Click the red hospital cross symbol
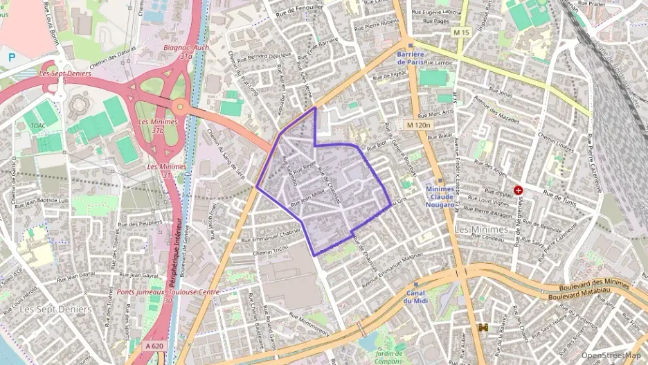point(518,190)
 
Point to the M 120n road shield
point(418,125)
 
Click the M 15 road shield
point(461,33)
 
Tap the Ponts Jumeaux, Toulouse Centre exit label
point(168,296)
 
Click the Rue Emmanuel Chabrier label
point(271,235)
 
